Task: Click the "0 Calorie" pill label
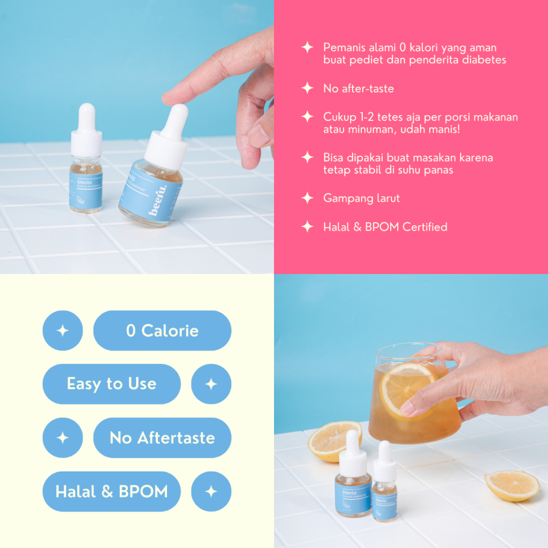pyautogui.click(x=162, y=331)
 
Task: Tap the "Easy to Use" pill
pyautogui.click(x=111, y=384)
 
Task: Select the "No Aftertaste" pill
pyautogui.click(x=162, y=438)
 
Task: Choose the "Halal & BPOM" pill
pyautogui.click(x=111, y=491)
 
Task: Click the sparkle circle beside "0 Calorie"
pyautogui.click(x=63, y=331)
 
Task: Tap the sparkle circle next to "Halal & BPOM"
pyautogui.click(x=211, y=491)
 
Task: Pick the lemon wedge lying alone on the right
pyautogui.click(x=512, y=485)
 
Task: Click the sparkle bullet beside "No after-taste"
pyautogui.click(x=307, y=88)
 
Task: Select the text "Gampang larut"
pyautogui.click(x=361, y=199)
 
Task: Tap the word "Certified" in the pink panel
pyautogui.click(x=424, y=227)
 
